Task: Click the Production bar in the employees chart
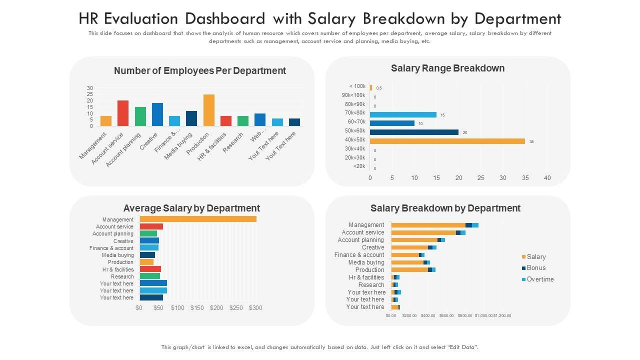coord(208,110)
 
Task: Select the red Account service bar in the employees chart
coord(123,113)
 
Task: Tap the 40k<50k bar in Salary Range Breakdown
coord(447,141)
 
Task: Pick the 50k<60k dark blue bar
coord(414,132)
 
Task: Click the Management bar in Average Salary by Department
coord(198,219)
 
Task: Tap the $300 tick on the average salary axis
coord(255,308)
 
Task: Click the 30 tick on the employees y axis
coord(90,88)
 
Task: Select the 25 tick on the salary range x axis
coord(480,178)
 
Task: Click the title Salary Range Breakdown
coord(447,68)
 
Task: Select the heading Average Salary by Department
coord(191,208)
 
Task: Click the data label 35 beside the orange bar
coord(531,142)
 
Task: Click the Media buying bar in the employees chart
coord(191,118)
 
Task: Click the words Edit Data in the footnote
coord(463,347)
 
